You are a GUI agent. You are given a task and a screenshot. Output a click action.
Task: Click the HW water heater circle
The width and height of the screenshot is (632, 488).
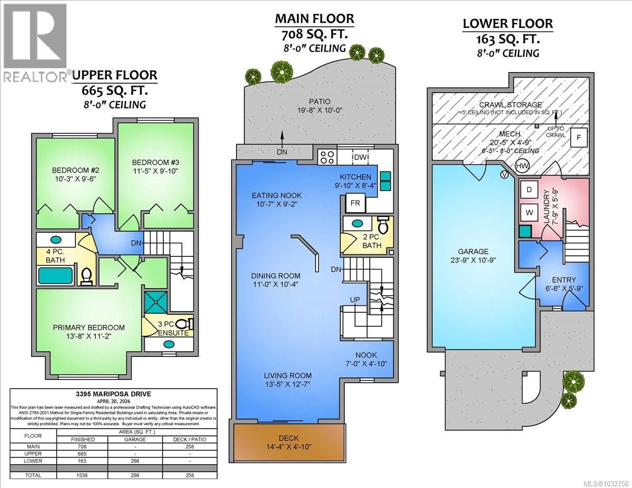pos(522,166)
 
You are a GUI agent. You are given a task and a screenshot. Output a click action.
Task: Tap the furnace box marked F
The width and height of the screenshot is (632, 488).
pos(579,138)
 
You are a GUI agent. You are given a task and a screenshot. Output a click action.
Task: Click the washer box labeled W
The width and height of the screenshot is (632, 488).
pos(529,213)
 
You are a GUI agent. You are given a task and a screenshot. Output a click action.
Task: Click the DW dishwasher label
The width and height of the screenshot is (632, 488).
pos(361,157)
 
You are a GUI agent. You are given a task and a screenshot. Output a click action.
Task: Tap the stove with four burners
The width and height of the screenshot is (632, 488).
pos(327,157)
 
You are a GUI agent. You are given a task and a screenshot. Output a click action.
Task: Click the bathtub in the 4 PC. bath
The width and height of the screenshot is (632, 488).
pos(55,275)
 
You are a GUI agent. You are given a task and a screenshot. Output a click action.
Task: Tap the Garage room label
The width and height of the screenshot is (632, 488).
pos(473,252)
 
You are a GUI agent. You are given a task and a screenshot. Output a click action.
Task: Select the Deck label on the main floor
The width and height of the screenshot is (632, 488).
pos(289,438)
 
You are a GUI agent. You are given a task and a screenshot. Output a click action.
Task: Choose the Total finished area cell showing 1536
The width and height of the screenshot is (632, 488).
pos(83,475)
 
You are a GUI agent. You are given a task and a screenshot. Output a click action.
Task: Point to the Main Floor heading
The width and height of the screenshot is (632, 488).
pos(314,19)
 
